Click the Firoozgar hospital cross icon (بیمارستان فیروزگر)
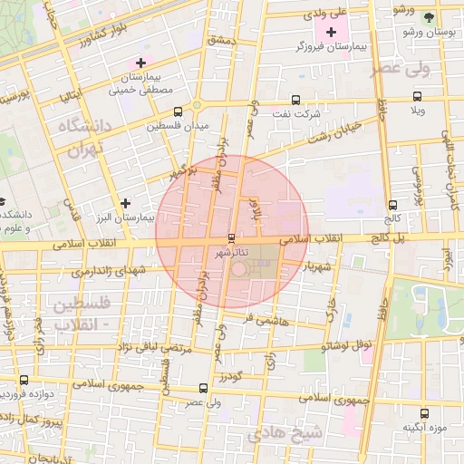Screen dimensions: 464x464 coord(332,32)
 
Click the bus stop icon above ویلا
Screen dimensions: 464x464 coord(417,96)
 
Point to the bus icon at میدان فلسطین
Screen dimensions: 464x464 coord(178,111)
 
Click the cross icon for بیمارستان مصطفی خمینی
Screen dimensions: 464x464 coord(140,63)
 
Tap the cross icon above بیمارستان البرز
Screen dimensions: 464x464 coord(125,203)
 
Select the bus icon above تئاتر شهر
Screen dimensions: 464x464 coord(229,237)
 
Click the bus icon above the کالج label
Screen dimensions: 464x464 coord(391,205)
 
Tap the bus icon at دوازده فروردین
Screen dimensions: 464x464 coord(24,381)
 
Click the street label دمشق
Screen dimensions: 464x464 coord(221,40)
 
